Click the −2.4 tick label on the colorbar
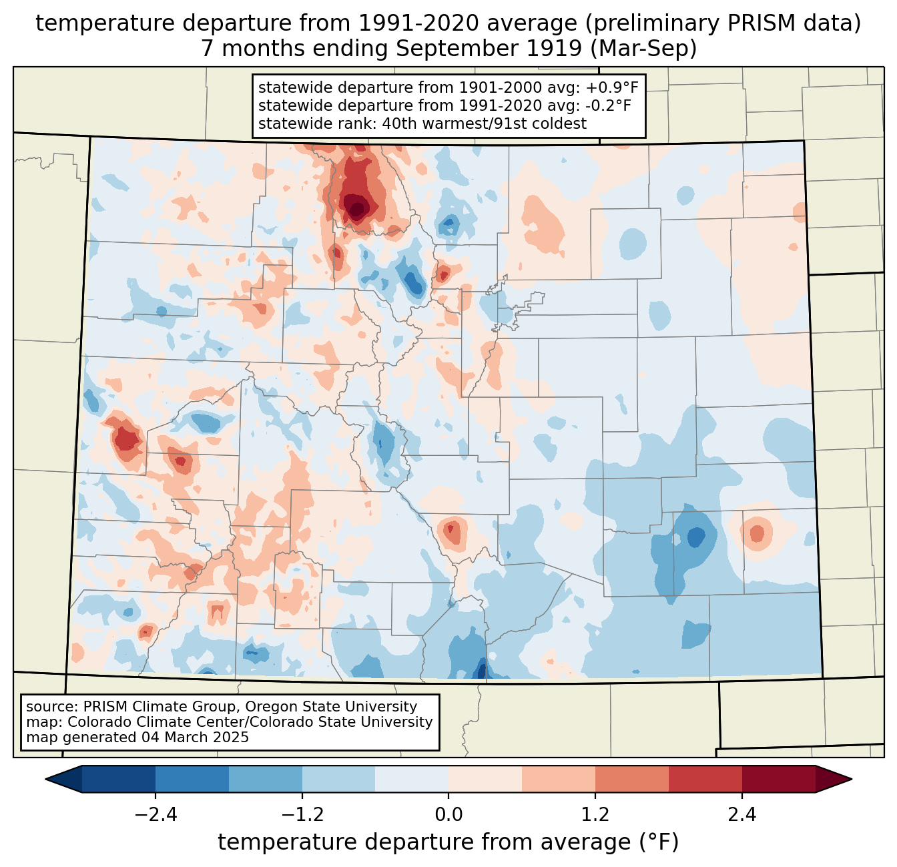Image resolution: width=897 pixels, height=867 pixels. click(x=156, y=815)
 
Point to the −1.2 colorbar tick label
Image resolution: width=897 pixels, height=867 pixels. click(x=302, y=815)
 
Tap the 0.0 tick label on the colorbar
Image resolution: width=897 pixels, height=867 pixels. click(x=448, y=815)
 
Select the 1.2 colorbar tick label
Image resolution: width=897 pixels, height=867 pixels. click(x=595, y=815)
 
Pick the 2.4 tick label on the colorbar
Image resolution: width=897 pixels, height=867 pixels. click(x=741, y=815)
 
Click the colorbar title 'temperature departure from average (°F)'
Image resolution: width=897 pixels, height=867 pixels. click(x=448, y=842)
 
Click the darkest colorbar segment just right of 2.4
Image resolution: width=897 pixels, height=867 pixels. click(x=778, y=779)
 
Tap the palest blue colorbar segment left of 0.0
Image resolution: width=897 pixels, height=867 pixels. click(x=412, y=779)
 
